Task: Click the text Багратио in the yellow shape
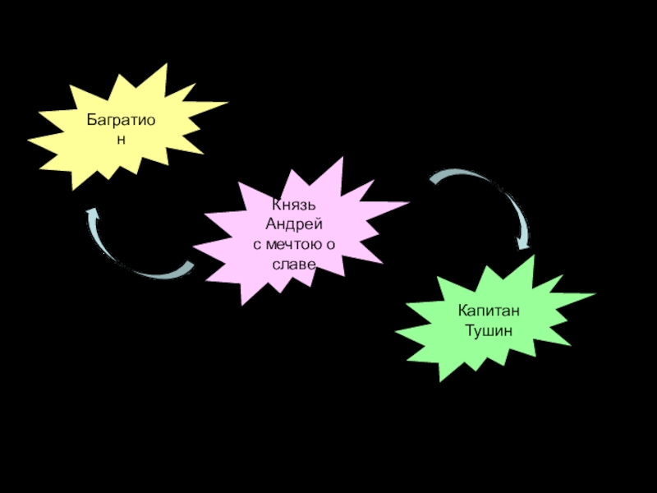122,121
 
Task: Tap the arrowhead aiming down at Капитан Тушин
521,243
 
